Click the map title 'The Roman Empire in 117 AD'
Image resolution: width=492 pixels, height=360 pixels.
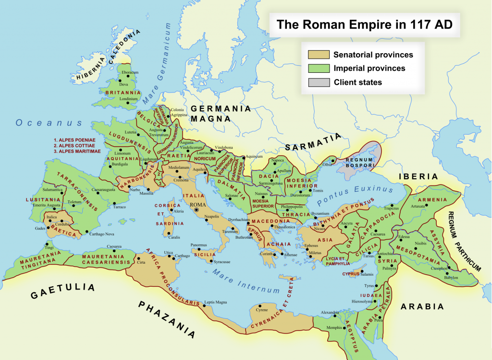click(x=364, y=25)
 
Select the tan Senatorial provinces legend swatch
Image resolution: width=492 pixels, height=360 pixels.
click(x=319, y=55)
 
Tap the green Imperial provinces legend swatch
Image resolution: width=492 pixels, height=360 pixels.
click(x=319, y=69)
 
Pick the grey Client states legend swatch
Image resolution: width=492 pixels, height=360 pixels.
click(x=319, y=82)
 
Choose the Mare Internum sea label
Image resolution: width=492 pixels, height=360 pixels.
click(x=246, y=283)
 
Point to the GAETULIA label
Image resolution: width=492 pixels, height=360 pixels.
click(x=62, y=290)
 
